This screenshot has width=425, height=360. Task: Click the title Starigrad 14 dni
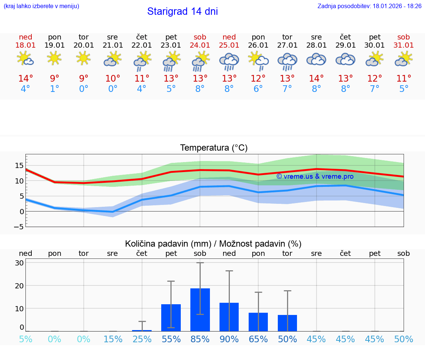[182, 11]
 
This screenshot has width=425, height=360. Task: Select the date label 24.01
[200, 45]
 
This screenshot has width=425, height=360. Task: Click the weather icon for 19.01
[55, 58]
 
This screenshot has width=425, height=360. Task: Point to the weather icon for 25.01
[229, 61]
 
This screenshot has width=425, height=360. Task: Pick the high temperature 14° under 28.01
[316, 79]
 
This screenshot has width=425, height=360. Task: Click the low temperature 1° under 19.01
[55, 89]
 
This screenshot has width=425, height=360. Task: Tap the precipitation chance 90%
[229, 339]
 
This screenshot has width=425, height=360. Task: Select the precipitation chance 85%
[200, 339]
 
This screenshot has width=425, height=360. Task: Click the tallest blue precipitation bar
[200, 310]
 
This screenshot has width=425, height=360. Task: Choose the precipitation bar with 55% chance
[171, 318]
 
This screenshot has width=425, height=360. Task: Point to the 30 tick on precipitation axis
[20, 263]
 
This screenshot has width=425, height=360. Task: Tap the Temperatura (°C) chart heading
[214, 148]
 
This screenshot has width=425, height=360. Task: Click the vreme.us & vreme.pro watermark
[315, 176]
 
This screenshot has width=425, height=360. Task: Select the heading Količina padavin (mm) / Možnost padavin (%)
[213, 244]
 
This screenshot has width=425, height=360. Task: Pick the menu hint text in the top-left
[41, 6]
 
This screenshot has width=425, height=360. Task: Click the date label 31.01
[404, 45]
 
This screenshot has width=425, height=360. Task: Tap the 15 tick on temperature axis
[20, 165]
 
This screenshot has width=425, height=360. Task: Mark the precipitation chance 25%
[142, 339]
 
